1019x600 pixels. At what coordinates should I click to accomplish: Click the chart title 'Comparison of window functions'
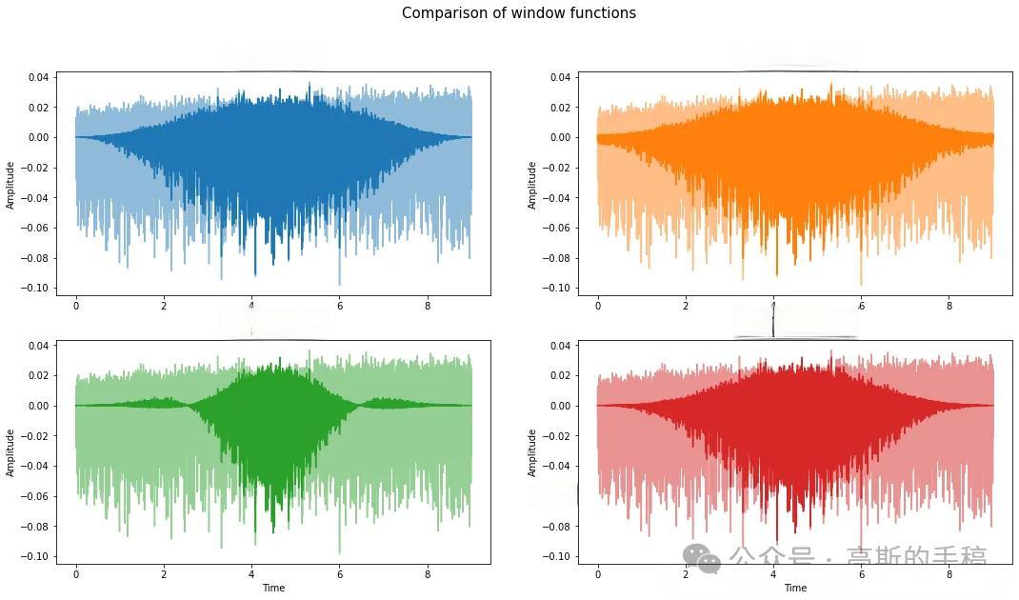click(518, 13)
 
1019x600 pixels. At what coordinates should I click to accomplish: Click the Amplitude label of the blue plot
click(10, 185)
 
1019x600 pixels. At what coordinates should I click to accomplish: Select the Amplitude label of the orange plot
click(532, 185)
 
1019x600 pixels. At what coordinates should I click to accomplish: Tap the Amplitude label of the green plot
click(10, 452)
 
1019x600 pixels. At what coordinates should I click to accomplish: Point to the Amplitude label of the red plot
click(532, 452)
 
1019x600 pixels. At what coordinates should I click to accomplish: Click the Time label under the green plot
click(273, 588)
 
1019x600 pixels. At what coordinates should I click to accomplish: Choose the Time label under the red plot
click(795, 588)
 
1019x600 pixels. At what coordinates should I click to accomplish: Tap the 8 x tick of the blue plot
click(428, 306)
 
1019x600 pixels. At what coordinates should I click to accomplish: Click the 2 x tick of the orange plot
click(686, 306)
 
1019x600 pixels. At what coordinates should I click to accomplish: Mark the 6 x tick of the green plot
click(340, 574)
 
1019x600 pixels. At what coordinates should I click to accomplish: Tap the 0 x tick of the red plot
click(598, 574)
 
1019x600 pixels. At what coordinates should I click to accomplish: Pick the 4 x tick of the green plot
click(251, 574)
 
